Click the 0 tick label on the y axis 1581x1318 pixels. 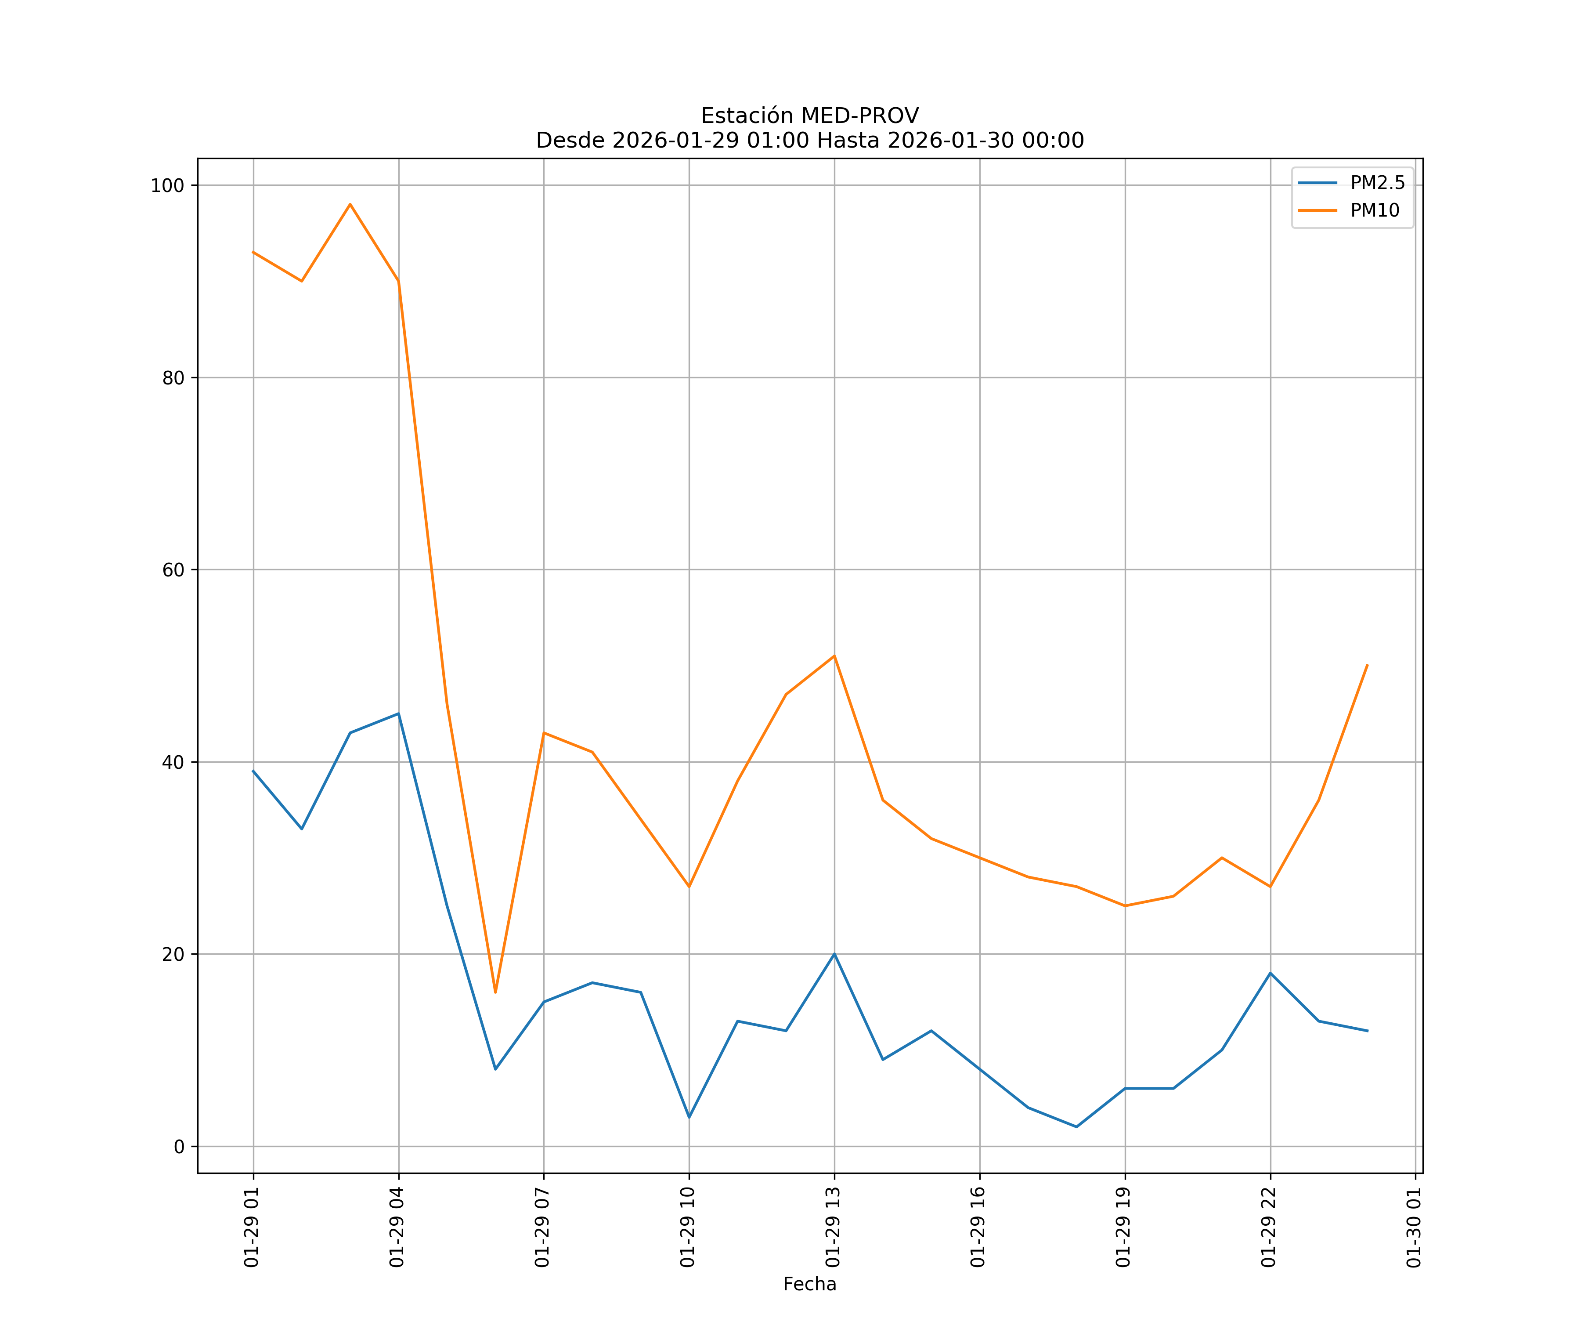179,1147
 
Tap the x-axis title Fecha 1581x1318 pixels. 809,1284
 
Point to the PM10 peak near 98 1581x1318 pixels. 350,204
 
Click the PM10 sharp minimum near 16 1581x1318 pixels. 495,992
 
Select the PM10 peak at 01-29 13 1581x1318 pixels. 834,656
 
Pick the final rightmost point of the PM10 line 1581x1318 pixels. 1367,665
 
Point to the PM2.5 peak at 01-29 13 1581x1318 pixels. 834,954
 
